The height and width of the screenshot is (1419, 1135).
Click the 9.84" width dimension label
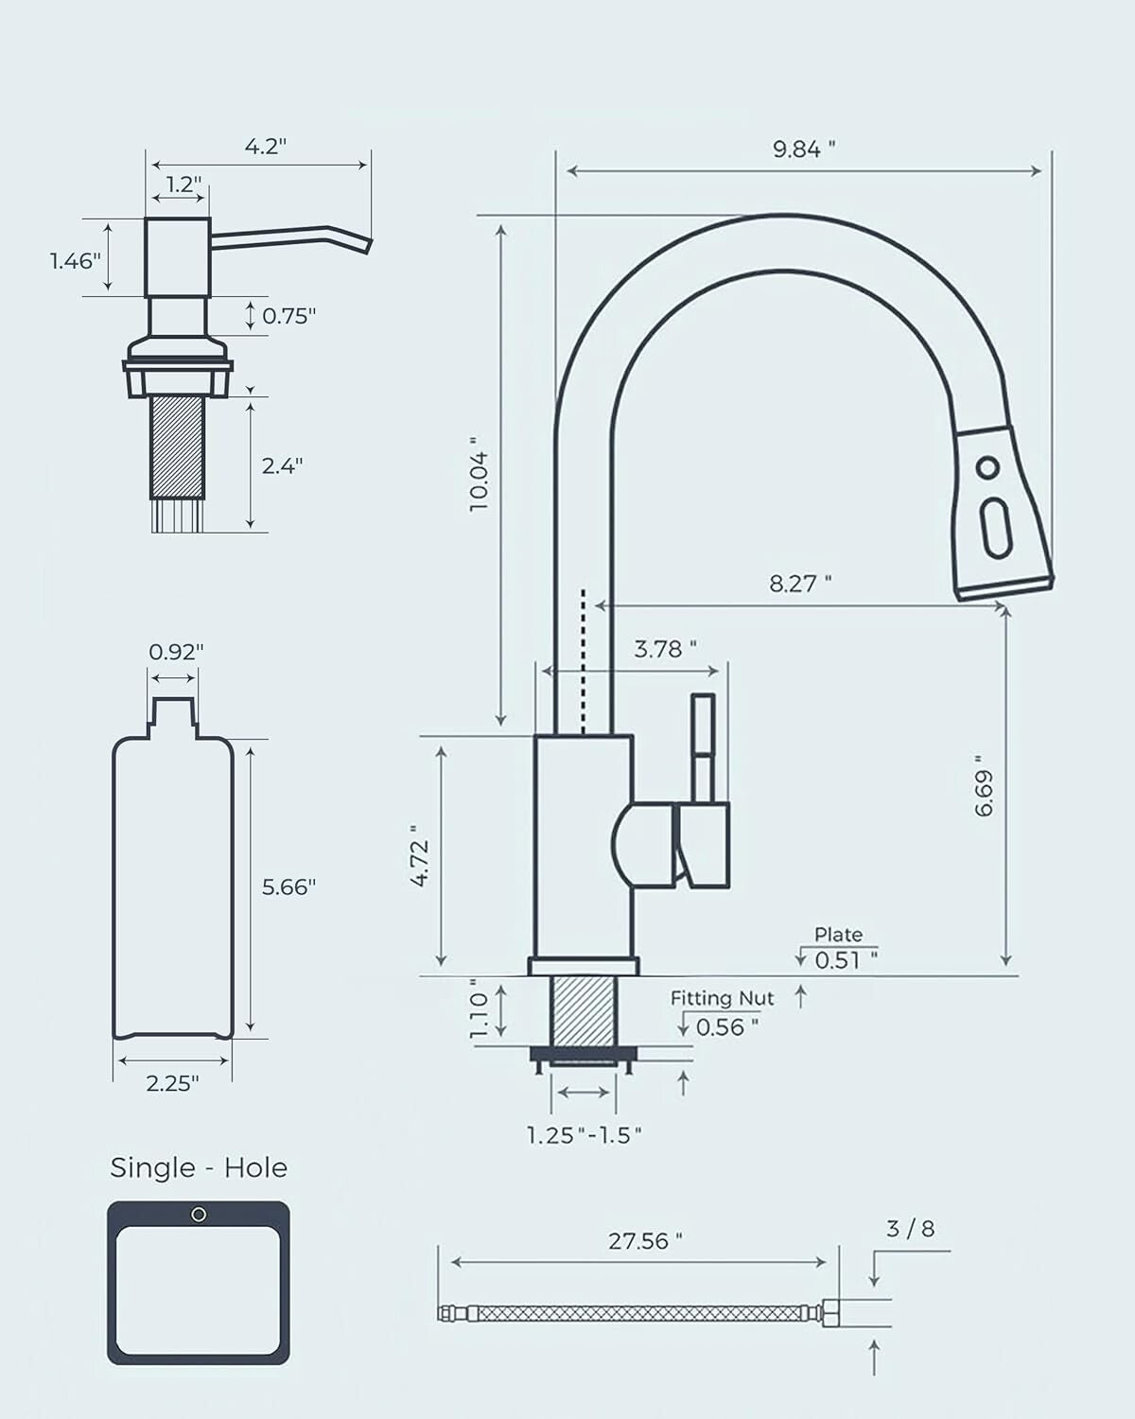804,149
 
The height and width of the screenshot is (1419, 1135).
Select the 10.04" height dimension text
480,475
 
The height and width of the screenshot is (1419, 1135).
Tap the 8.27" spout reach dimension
800,583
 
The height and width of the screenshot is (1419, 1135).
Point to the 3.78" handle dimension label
665,649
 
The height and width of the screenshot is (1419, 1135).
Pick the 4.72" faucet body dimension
422,863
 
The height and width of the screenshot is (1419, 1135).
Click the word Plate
838,935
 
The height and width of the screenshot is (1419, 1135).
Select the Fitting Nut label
722,998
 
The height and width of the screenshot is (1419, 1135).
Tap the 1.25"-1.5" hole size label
585,1135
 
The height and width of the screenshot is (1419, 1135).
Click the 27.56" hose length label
645,1240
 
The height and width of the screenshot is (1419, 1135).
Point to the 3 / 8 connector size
910,1229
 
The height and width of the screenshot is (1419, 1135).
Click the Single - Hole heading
199,1167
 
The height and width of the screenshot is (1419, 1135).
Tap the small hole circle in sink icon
199,1215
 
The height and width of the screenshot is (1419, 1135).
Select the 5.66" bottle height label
288,886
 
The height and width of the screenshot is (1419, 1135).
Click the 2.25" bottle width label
172,1084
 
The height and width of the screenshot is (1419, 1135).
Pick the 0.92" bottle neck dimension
176,652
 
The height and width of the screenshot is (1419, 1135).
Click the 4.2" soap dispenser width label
265,147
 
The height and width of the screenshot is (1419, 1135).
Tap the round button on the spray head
987,467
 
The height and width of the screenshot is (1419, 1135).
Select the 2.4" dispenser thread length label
282,465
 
